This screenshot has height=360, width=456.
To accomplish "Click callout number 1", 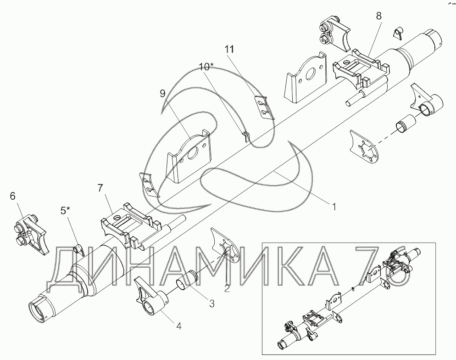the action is point(334,207).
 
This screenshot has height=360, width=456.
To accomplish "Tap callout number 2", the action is point(227,288).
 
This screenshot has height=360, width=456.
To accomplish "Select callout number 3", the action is point(212,304).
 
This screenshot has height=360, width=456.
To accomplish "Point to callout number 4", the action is point(178,326).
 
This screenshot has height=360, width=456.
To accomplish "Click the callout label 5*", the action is point(65,210).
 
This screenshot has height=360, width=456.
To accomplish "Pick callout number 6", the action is point(12,196).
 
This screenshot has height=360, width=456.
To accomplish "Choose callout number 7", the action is point(100,188).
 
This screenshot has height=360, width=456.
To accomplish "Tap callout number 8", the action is point(378,16).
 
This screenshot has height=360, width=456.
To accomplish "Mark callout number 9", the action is point(162,93).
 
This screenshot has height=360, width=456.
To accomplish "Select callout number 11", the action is point(229,49).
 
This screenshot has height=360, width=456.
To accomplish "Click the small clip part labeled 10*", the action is point(246,136).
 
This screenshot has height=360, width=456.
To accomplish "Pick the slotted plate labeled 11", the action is point(264,107).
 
